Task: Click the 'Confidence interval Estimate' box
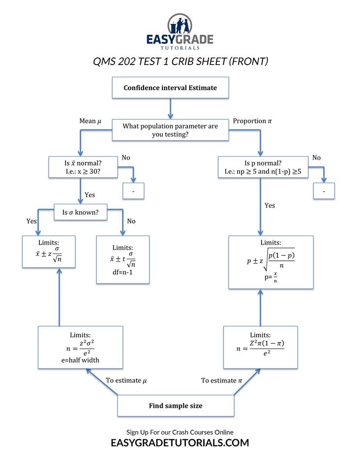pyautogui.click(x=170, y=88)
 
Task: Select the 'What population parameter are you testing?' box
pyautogui.click(x=170, y=130)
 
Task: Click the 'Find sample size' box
pyautogui.click(x=176, y=405)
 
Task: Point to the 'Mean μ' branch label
pyautogui.click(x=90, y=121)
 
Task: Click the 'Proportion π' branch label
pyautogui.click(x=253, y=121)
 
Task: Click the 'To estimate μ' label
pyautogui.click(x=126, y=381)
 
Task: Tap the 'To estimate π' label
pyautogui.click(x=221, y=381)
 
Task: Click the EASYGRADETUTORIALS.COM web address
pyautogui.click(x=180, y=443)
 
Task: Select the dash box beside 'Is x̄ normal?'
pyautogui.click(x=133, y=191)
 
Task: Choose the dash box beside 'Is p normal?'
pyautogui.click(x=324, y=191)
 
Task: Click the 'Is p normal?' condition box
pyautogui.click(x=262, y=166)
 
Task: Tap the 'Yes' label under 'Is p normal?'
pyautogui.click(x=270, y=205)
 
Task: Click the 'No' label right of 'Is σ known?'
pyautogui.click(x=131, y=221)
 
